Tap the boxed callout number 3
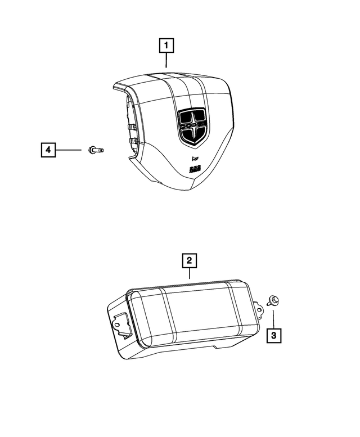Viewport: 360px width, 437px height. pos(274,336)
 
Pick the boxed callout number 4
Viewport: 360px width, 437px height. pos(48,150)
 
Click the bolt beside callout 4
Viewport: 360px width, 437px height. pos(96,150)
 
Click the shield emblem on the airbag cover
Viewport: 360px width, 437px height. pos(192,127)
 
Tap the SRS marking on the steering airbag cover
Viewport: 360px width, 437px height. pos(194,168)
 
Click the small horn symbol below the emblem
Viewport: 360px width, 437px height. pos(195,156)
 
